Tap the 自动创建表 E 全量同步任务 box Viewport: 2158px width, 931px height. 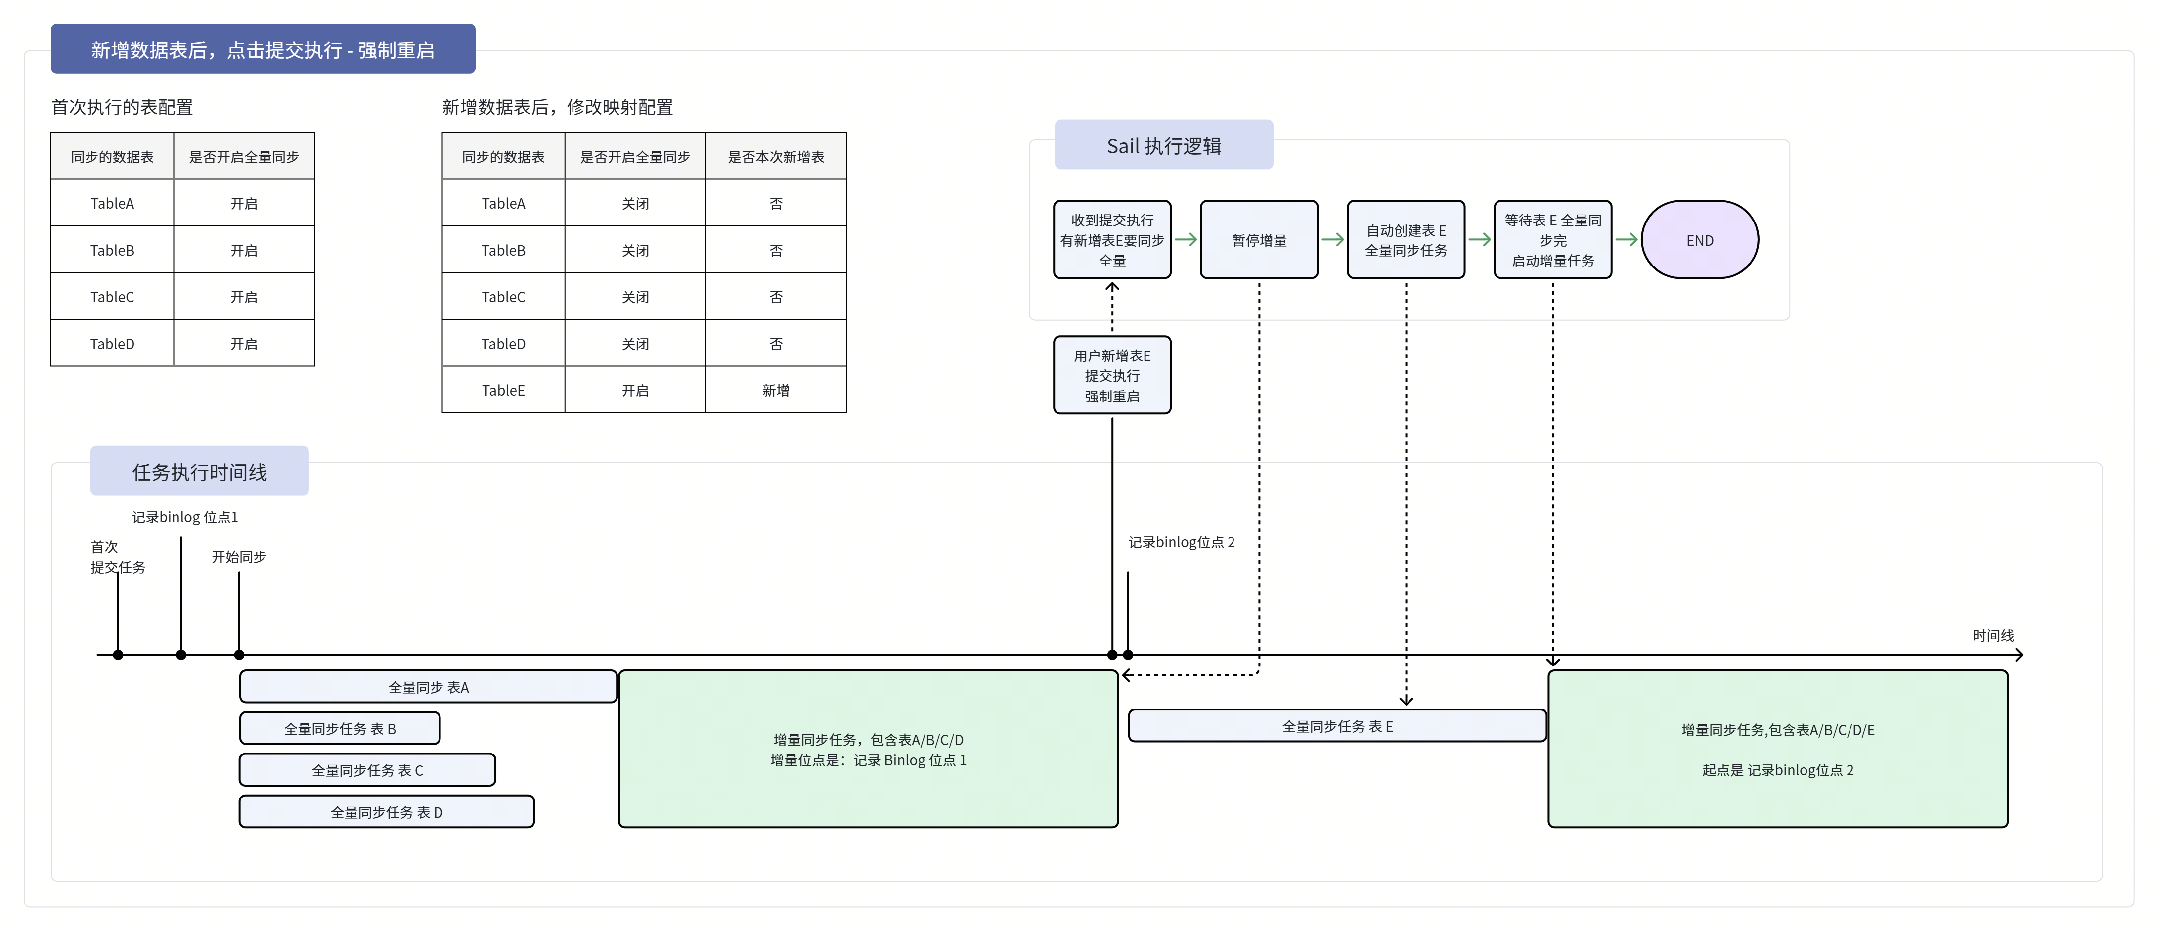click(1406, 240)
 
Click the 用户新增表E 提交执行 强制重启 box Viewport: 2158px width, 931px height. click(1112, 375)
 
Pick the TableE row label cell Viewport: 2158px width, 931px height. click(503, 390)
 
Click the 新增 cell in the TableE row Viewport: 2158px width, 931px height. click(776, 390)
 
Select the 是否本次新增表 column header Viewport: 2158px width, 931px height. click(776, 157)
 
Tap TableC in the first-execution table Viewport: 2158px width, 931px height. click(112, 297)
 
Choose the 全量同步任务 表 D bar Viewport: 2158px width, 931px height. click(386, 812)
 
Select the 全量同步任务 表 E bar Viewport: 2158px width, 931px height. click(1337, 726)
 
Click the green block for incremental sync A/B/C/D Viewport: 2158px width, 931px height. click(868, 749)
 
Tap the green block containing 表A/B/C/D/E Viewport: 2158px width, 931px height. click(1778, 749)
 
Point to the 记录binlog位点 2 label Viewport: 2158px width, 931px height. click(1181, 542)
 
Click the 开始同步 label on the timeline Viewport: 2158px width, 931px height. click(239, 556)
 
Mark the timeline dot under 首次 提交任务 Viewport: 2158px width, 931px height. click(118, 655)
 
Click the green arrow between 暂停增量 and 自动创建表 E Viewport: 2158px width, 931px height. click(1332, 240)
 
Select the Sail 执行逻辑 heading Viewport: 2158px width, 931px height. click(1164, 146)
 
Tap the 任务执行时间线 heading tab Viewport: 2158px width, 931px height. click(199, 472)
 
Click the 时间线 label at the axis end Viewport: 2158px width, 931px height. click(1993, 635)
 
